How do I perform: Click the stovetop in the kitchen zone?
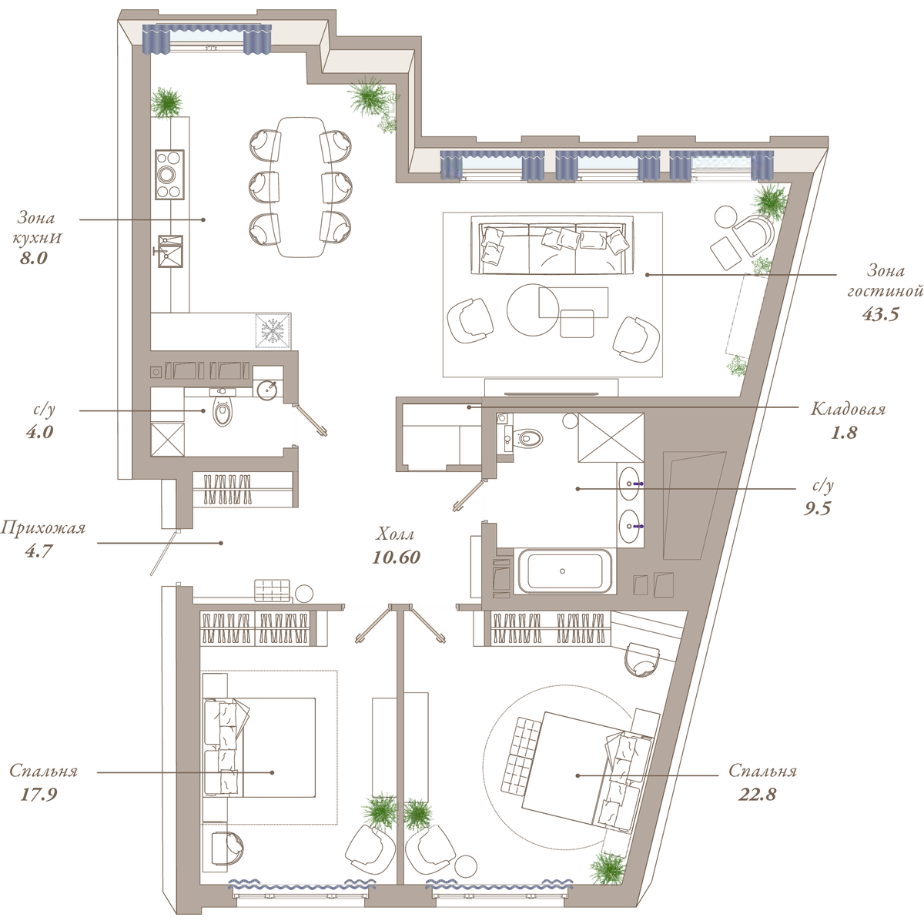[169, 175]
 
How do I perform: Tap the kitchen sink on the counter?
[170, 251]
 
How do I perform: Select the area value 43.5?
[880, 314]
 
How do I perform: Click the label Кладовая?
[848, 410]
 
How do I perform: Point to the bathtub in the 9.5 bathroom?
[562, 571]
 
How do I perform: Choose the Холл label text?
[395, 534]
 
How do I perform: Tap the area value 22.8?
[757, 795]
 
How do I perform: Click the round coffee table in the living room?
[532, 310]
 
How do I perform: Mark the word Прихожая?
[42, 528]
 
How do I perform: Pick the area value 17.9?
[38, 795]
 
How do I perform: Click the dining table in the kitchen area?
[300, 187]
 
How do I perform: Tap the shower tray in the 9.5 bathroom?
[611, 438]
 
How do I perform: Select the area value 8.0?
[34, 259]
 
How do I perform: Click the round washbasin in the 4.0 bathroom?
[267, 390]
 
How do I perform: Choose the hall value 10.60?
[396, 557]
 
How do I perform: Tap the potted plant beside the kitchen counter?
[167, 102]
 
